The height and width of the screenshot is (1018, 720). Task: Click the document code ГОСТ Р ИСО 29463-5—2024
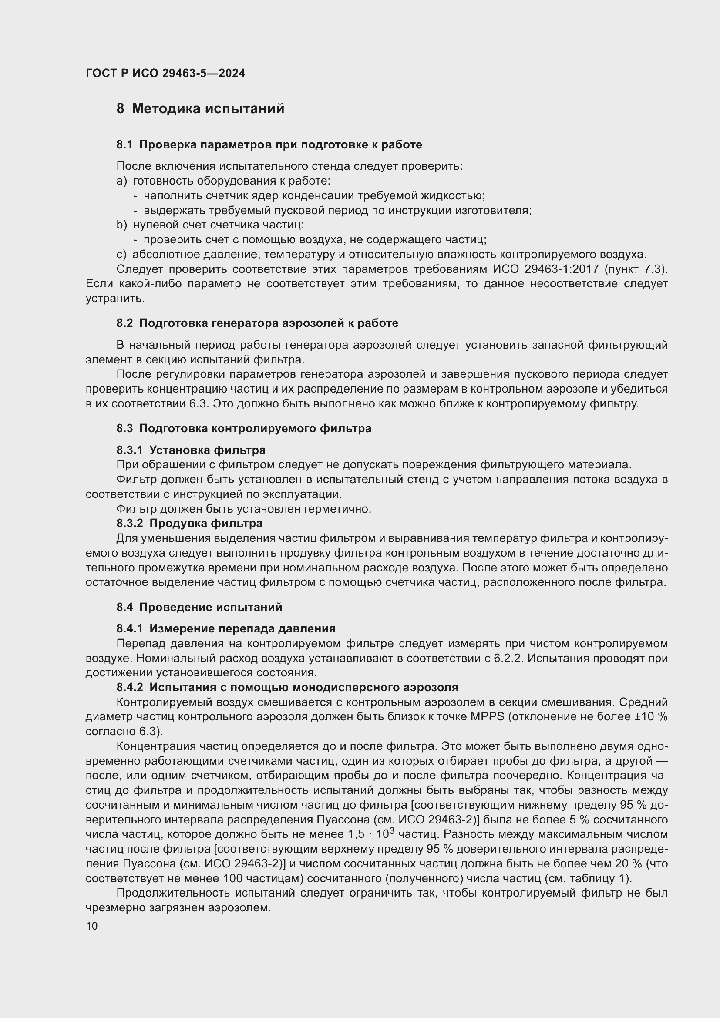pyautogui.click(x=165, y=73)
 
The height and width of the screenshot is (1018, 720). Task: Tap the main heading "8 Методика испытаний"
pyautogui.click(x=200, y=109)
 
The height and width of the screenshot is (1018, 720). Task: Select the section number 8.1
pyautogui.click(x=124, y=144)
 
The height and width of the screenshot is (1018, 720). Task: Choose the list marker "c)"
pyautogui.click(x=121, y=255)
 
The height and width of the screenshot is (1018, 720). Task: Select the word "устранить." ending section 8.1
pyautogui.click(x=109, y=299)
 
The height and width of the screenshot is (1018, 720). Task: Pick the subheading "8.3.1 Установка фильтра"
pyautogui.click(x=191, y=450)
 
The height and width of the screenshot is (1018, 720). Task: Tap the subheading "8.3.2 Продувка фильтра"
pyautogui.click(x=189, y=523)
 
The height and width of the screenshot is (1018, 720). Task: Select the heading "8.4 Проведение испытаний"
pyautogui.click(x=199, y=607)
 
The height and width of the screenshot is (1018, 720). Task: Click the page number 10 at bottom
pyautogui.click(x=92, y=926)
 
